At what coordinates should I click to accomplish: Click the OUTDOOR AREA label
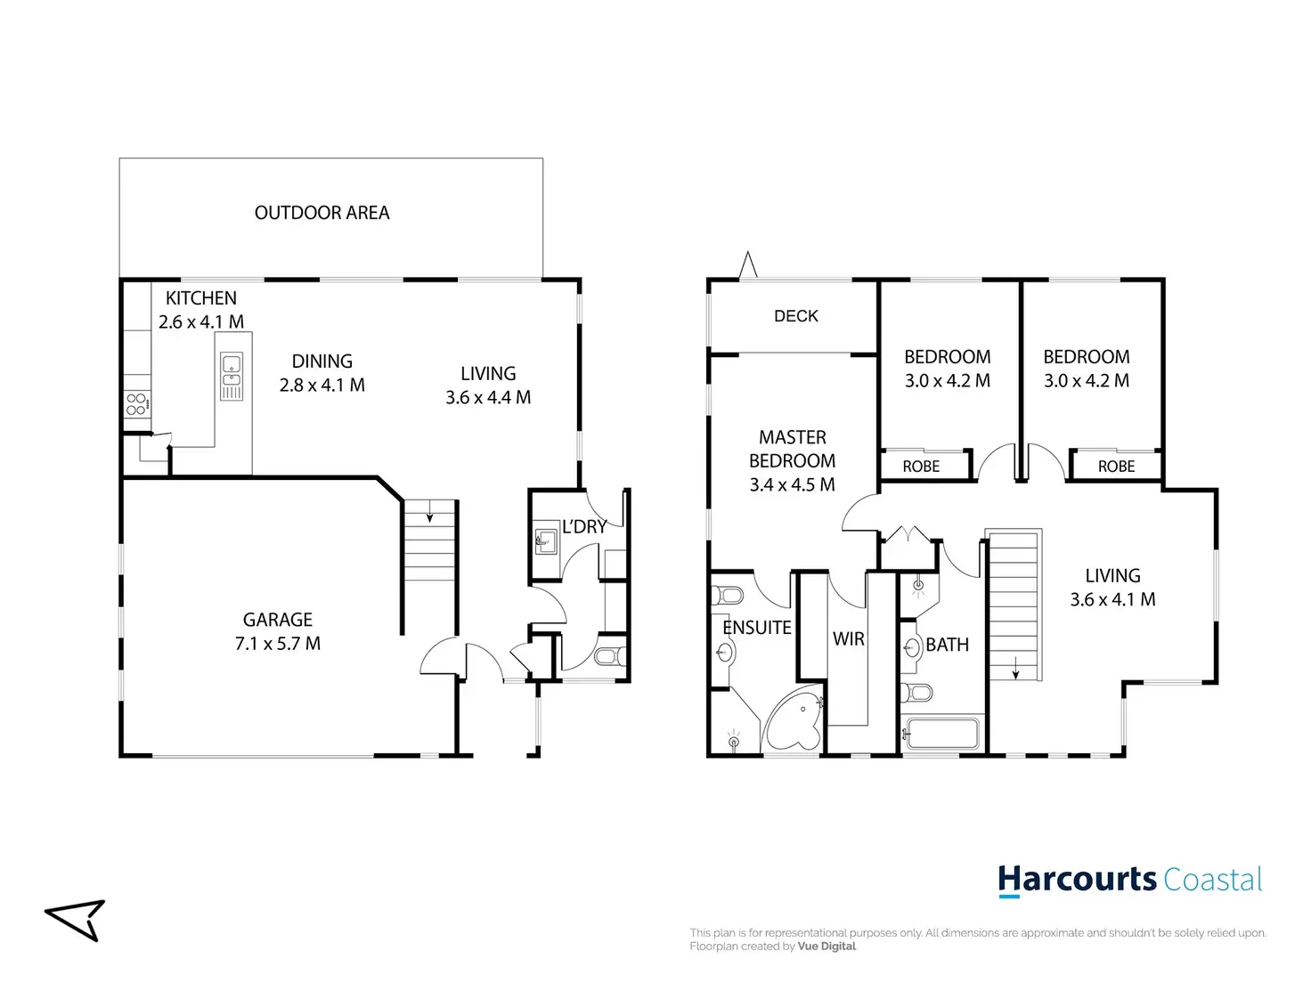click(322, 213)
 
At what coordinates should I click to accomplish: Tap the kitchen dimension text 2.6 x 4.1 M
click(201, 322)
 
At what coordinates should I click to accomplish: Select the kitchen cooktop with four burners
click(136, 404)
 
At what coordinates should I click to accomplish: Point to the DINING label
click(322, 362)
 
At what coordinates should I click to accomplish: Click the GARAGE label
click(278, 620)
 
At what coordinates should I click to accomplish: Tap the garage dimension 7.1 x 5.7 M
click(278, 644)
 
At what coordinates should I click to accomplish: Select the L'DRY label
click(584, 527)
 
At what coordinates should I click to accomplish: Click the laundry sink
click(545, 540)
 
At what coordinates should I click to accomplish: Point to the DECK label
click(795, 316)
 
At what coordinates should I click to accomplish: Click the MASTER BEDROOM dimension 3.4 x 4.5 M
click(792, 485)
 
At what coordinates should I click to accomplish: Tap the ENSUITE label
click(757, 628)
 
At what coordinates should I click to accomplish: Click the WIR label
click(848, 639)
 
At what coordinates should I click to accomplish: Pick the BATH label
click(947, 645)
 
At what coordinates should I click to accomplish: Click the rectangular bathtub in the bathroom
click(941, 735)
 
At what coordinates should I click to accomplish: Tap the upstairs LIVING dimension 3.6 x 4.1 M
click(1112, 600)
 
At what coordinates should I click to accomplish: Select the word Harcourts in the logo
click(1076, 880)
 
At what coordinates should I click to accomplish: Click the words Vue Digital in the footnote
click(826, 946)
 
